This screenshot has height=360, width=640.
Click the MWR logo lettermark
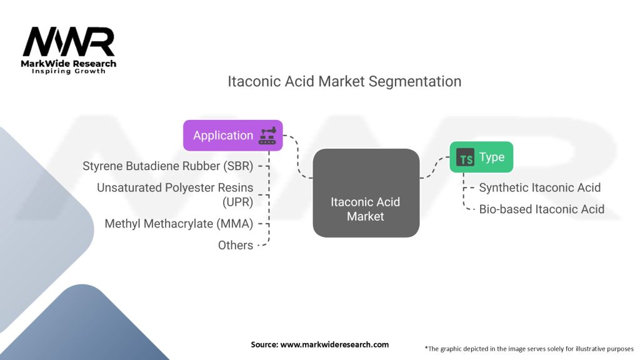(x=69, y=42)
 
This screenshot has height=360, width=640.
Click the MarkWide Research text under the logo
(x=69, y=64)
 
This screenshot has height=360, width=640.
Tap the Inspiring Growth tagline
(x=69, y=71)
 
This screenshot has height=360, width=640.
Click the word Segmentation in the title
(x=415, y=82)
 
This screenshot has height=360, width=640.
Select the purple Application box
(x=232, y=136)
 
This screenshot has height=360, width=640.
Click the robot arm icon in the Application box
(x=267, y=136)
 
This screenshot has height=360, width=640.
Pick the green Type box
(x=481, y=157)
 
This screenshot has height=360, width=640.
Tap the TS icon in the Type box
(x=465, y=157)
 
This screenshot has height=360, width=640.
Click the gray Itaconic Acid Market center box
(x=366, y=193)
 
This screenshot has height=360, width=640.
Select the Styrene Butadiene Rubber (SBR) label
(x=167, y=166)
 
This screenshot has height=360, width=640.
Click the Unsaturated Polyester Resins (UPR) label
(x=175, y=195)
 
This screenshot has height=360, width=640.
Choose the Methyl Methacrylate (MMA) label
(x=179, y=224)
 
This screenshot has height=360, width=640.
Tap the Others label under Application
(x=236, y=245)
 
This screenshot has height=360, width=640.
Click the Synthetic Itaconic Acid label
(x=539, y=187)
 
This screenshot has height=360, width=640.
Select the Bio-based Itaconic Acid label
(x=542, y=209)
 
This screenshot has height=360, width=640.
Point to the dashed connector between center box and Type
(x=435, y=167)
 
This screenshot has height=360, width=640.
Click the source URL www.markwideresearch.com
(x=334, y=344)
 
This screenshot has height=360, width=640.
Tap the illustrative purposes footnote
(x=529, y=349)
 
